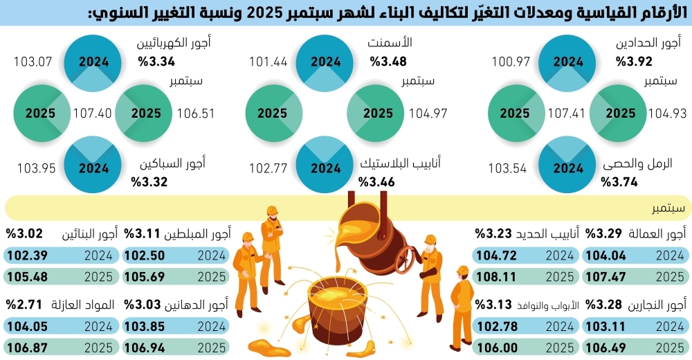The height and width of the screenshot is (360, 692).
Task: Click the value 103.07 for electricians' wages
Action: click(33, 62)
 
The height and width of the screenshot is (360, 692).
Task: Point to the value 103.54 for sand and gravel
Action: click(508, 168)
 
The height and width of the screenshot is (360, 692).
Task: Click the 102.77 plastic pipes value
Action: click(268, 168)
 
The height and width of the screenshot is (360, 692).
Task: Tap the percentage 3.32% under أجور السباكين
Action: click(149, 182)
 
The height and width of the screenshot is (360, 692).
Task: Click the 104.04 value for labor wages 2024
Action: click(604, 255)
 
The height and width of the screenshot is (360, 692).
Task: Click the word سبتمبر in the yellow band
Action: click(668, 208)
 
